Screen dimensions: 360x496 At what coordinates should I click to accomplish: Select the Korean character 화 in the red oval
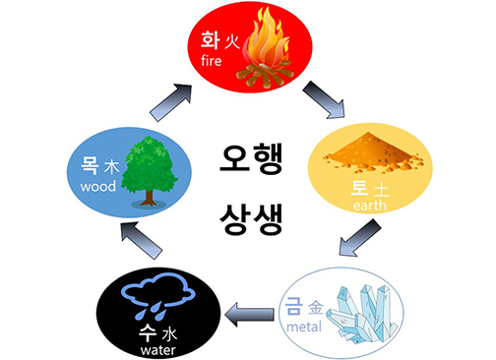[x=209, y=41]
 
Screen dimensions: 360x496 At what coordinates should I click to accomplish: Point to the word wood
[x=99, y=186]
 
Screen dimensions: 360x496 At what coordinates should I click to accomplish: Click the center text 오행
[x=249, y=156]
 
